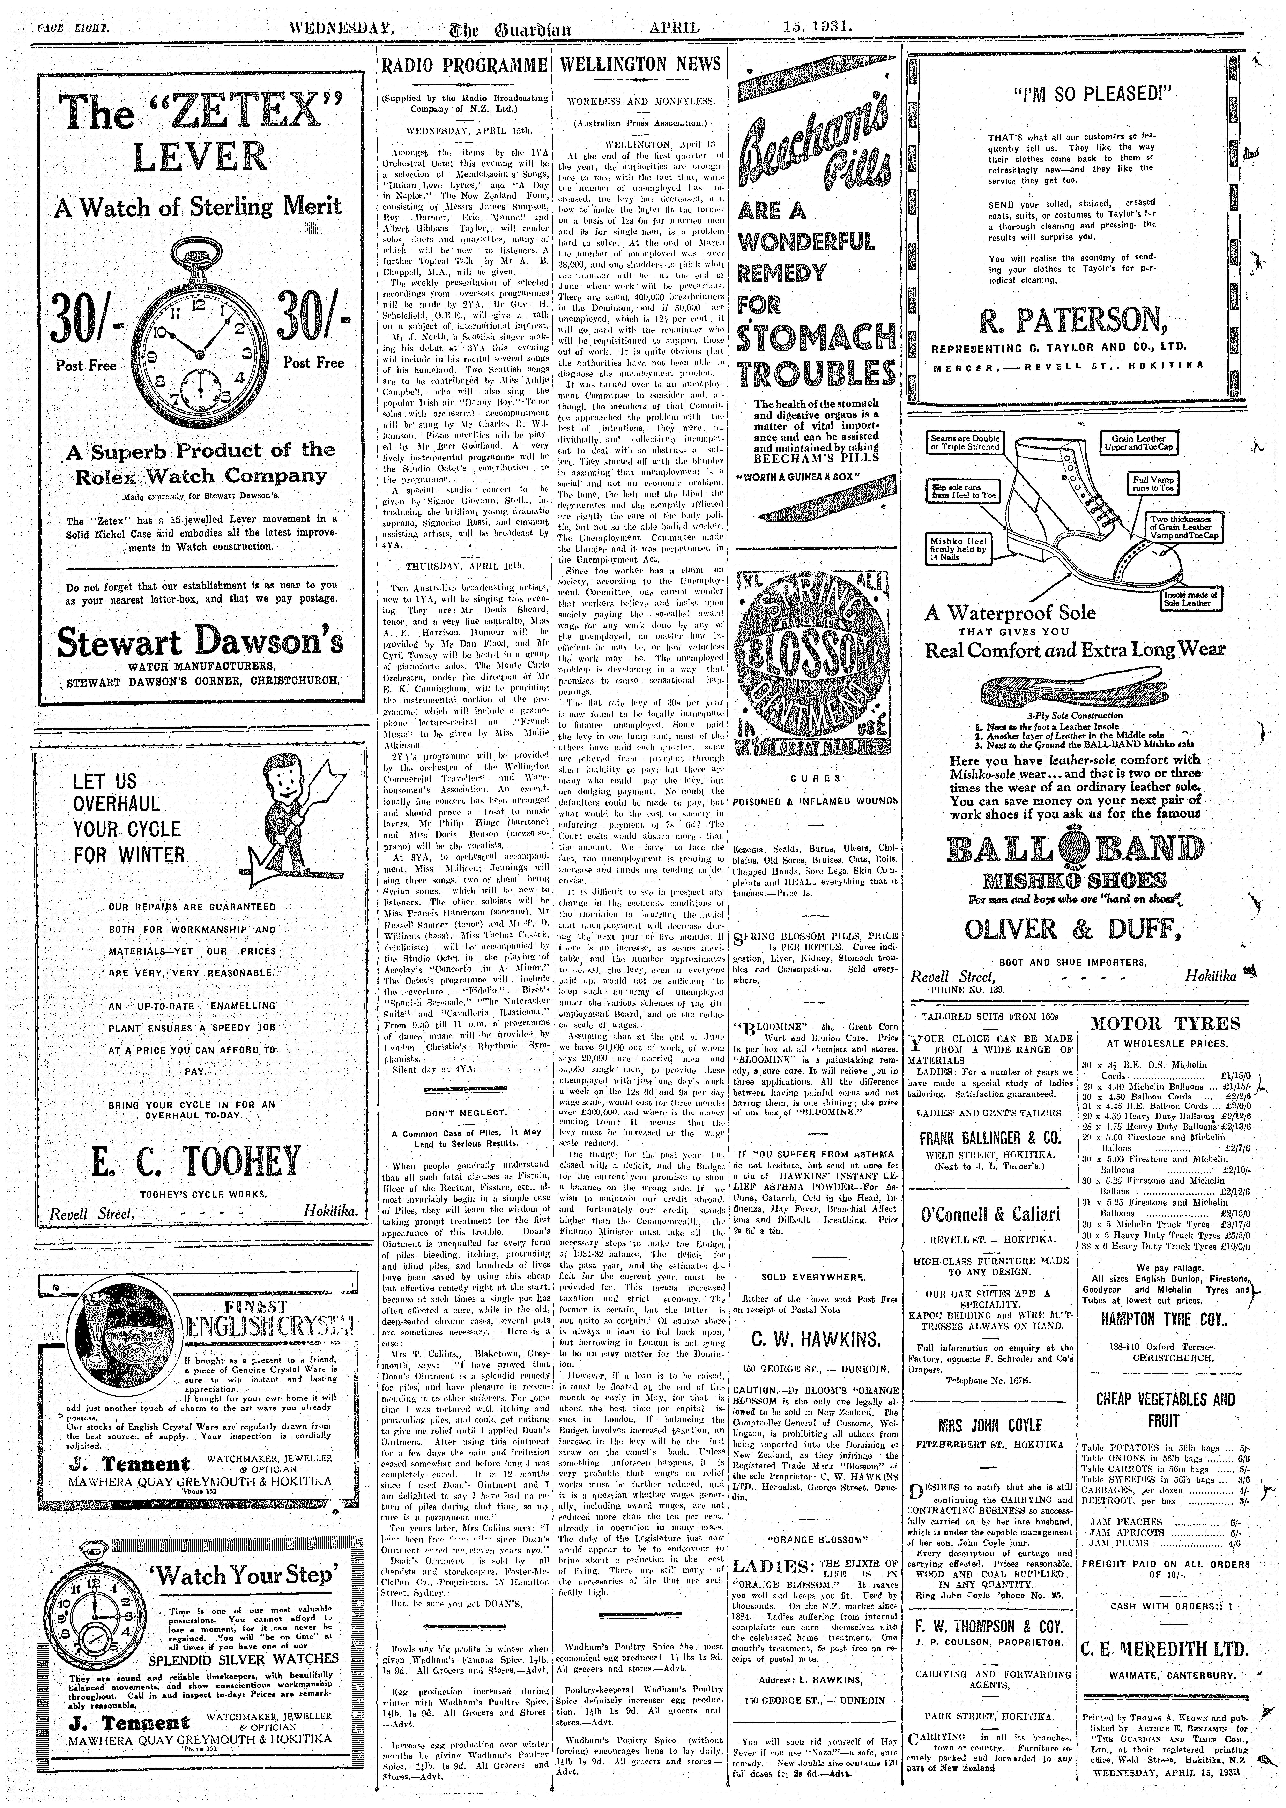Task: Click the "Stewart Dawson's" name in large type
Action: coord(201,642)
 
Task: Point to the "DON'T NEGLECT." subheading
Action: coord(466,1113)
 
